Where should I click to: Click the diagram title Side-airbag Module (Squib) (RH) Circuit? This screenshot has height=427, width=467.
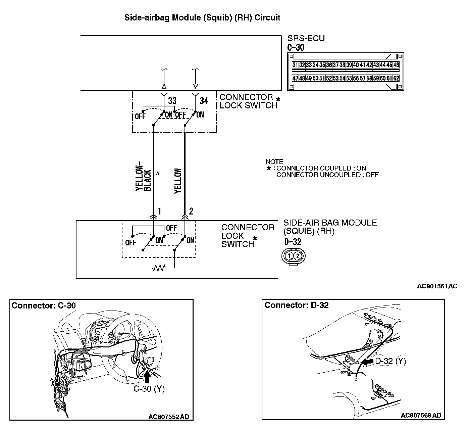click(202, 17)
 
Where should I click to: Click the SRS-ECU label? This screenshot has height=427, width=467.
click(306, 38)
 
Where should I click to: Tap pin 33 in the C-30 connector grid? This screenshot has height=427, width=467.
click(309, 65)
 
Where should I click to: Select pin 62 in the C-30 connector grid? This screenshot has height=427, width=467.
click(396, 79)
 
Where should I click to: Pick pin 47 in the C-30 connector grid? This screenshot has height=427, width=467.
click(295, 79)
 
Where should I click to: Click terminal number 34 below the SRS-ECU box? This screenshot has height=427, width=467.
click(204, 101)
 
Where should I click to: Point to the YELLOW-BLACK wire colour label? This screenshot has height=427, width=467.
click(143, 179)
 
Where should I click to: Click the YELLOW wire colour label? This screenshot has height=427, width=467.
click(178, 181)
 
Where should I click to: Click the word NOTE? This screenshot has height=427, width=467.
click(274, 161)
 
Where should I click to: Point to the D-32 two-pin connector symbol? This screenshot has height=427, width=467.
click(294, 256)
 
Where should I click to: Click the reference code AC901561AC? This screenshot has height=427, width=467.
click(437, 286)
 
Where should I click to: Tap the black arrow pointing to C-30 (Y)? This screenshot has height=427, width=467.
click(147, 378)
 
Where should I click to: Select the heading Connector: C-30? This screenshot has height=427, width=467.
click(44, 305)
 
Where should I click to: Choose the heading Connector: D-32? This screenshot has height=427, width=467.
click(297, 305)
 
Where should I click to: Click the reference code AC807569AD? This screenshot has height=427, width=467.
click(421, 415)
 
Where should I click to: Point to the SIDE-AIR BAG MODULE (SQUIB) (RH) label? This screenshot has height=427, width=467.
click(330, 227)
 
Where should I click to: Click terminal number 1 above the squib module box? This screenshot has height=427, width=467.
click(160, 211)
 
